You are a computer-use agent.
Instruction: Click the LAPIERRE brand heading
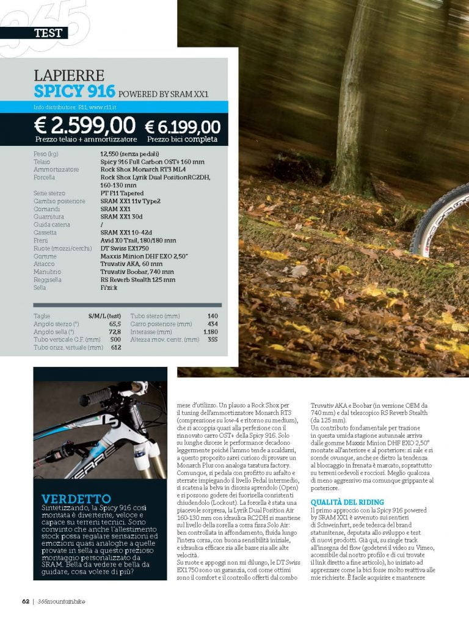pos(70,76)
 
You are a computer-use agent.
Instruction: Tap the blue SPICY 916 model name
pos(75,92)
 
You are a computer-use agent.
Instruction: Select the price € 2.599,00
pos(85,126)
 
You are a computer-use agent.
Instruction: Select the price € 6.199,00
pos(182,127)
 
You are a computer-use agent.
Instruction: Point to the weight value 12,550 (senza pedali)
pos(129,154)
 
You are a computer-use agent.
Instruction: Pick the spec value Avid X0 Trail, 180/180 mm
pos(138,240)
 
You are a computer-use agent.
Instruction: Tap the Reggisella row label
pos(48,280)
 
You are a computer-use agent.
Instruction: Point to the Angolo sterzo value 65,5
pos(112,323)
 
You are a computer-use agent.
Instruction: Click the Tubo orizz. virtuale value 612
pos(115,347)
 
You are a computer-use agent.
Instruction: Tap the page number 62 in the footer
pos(25,601)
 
